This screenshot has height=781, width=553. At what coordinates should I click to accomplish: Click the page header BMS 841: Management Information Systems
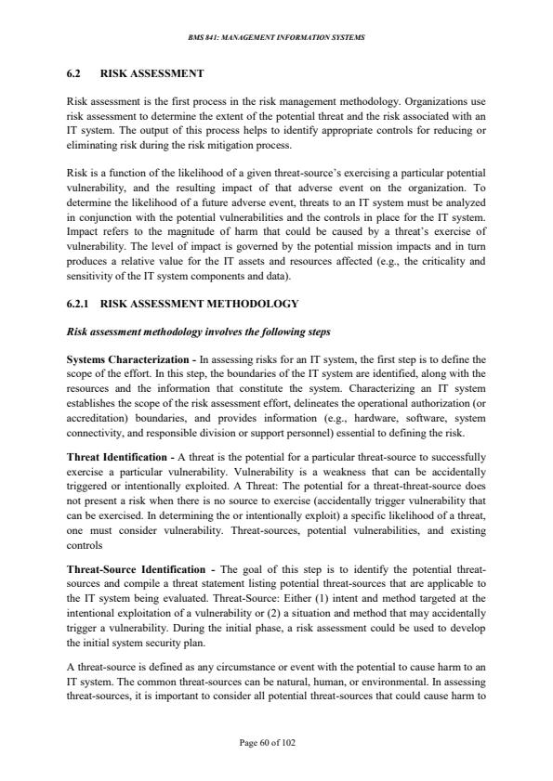point(276,37)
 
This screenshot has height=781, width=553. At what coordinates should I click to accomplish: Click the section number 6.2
point(74,72)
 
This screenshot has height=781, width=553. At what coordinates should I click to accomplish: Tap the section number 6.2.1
point(81,304)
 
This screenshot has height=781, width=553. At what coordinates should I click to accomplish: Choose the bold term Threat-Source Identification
point(138,567)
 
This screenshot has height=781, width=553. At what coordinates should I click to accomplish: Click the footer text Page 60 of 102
point(276,743)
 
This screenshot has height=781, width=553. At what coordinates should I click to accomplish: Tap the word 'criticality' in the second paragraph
point(420,264)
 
